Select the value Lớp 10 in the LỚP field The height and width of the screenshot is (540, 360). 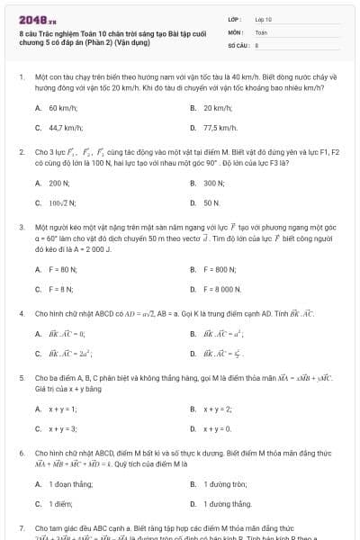pos(264,18)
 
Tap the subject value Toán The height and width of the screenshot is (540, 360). pos(262,31)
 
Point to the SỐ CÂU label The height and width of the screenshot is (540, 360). pos(237,43)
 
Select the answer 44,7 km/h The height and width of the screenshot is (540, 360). pos(65,128)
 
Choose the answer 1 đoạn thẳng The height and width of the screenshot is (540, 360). pos(67,484)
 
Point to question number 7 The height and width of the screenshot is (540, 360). pos(22,528)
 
